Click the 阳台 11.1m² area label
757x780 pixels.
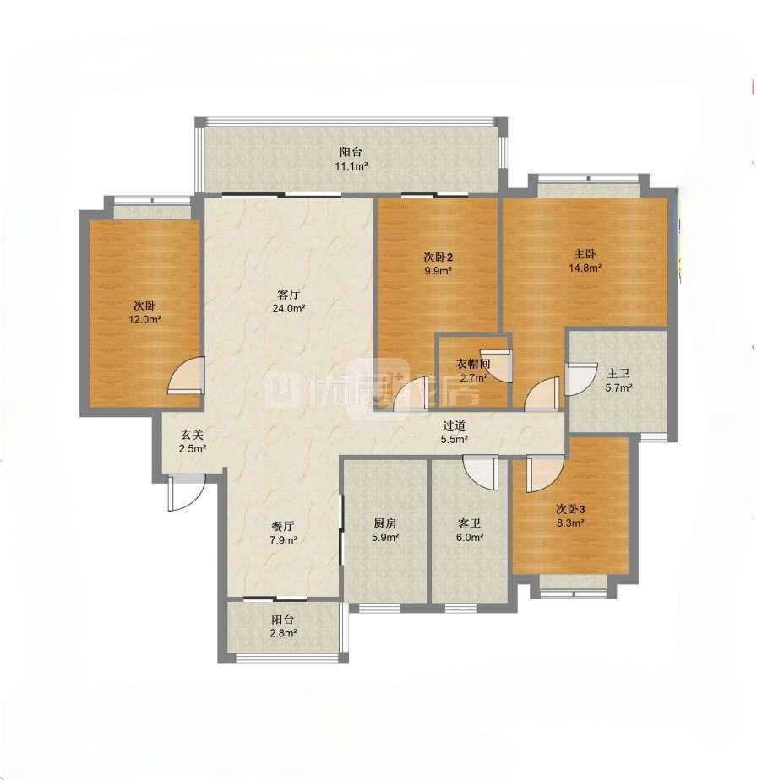[351, 159]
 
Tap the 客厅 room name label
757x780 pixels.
[288, 294]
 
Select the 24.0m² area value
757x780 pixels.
[288, 308]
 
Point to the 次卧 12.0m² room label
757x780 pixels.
[145, 312]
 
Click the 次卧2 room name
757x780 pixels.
[438, 257]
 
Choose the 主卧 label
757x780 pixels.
[585, 254]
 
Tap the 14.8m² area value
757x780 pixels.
[585, 268]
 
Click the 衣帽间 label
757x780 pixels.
[472, 364]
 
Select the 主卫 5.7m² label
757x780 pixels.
[618, 381]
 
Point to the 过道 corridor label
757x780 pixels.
[455, 425]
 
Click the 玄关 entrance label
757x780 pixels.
[193, 435]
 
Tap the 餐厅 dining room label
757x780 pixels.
[283, 526]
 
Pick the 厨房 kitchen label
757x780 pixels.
[385, 523]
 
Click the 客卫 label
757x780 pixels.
[470, 523]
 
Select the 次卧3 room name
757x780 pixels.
[570, 509]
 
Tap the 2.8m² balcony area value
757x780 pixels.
[283, 634]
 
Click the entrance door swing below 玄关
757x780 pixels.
[186, 492]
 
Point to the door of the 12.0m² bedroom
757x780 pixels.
[186, 376]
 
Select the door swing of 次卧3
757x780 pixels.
[545, 474]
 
